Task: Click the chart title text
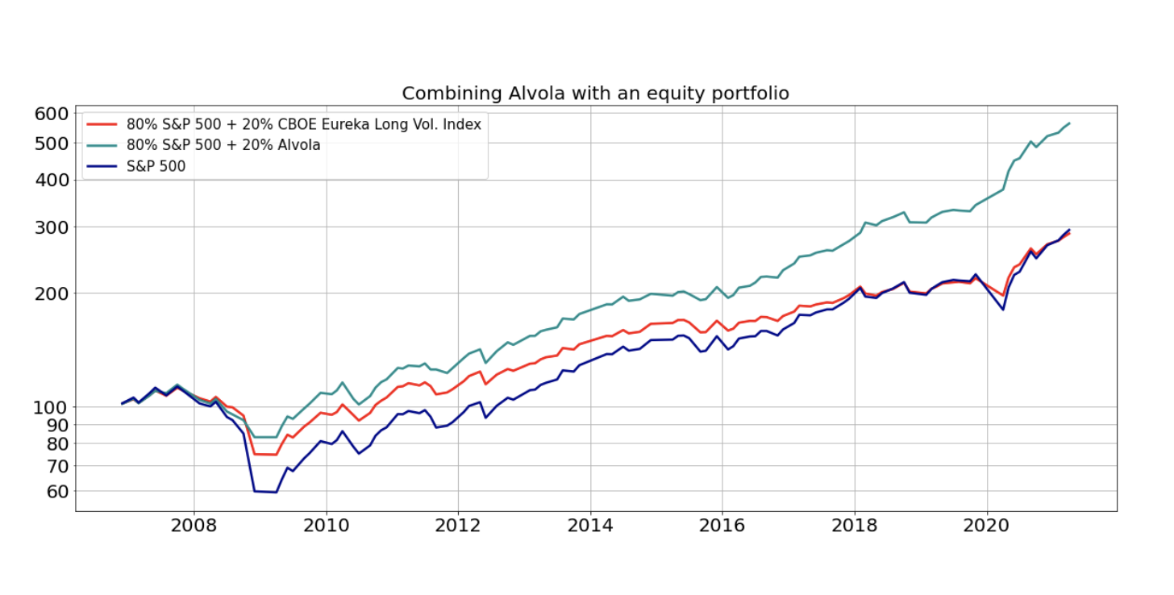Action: tap(595, 94)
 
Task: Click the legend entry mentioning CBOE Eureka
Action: tap(303, 124)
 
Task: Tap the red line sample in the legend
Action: tap(102, 124)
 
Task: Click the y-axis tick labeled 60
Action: tap(55, 491)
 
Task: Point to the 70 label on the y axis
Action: tap(55, 466)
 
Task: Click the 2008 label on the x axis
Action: tap(194, 526)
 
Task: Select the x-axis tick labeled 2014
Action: tap(590, 526)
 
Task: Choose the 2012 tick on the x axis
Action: tap(458, 526)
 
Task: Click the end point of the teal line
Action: tap(1069, 123)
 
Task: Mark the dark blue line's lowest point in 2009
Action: tap(276, 492)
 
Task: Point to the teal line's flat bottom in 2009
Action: tap(265, 437)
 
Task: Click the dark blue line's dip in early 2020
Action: tap(1003, 310)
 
